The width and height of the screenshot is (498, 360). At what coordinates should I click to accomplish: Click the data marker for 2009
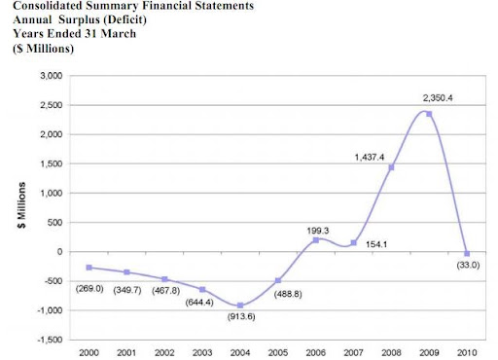click(x=429, y=114)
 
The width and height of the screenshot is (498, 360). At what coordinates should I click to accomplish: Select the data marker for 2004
click(x=240, y=306)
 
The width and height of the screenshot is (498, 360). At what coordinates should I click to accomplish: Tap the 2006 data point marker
click(x=316, y=240)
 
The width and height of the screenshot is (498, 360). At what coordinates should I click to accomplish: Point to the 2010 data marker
click(x=467, y=254)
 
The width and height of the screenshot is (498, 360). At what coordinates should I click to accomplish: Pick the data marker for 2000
click(x=89, y=268)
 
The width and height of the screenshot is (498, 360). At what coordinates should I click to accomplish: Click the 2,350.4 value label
click(x=438, y=98)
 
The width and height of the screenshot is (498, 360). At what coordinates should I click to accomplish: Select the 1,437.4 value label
click(x=370, y=158)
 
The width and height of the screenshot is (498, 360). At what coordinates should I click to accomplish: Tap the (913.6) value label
click(x=241, y=316)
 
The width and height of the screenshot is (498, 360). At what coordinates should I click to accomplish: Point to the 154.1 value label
click(x=376, y=244)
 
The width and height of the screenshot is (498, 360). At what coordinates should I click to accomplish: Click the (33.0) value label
click(x=468, y=265)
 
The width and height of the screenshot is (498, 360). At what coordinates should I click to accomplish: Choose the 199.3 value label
click(x=318, y=231)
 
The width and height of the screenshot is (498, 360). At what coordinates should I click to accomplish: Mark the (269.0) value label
click(x=89, y=288)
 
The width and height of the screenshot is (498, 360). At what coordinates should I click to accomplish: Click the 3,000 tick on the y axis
click(x=52, y=76)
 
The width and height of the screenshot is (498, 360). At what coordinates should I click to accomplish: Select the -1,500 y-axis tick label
click(x=50, y=340)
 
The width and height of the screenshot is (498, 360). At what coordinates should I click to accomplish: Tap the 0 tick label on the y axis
click(x=59, y=252)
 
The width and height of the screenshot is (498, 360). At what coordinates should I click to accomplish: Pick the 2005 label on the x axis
click(x=278, y=352)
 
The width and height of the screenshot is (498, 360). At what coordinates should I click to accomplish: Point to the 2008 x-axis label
click(x=391, y=352)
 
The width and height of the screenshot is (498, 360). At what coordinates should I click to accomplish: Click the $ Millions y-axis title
click(x=21, y=205)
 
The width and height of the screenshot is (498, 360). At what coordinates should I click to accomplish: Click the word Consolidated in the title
click(x=48, y=6)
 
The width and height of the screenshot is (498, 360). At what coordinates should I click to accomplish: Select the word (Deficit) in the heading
click(x=124, y=19)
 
